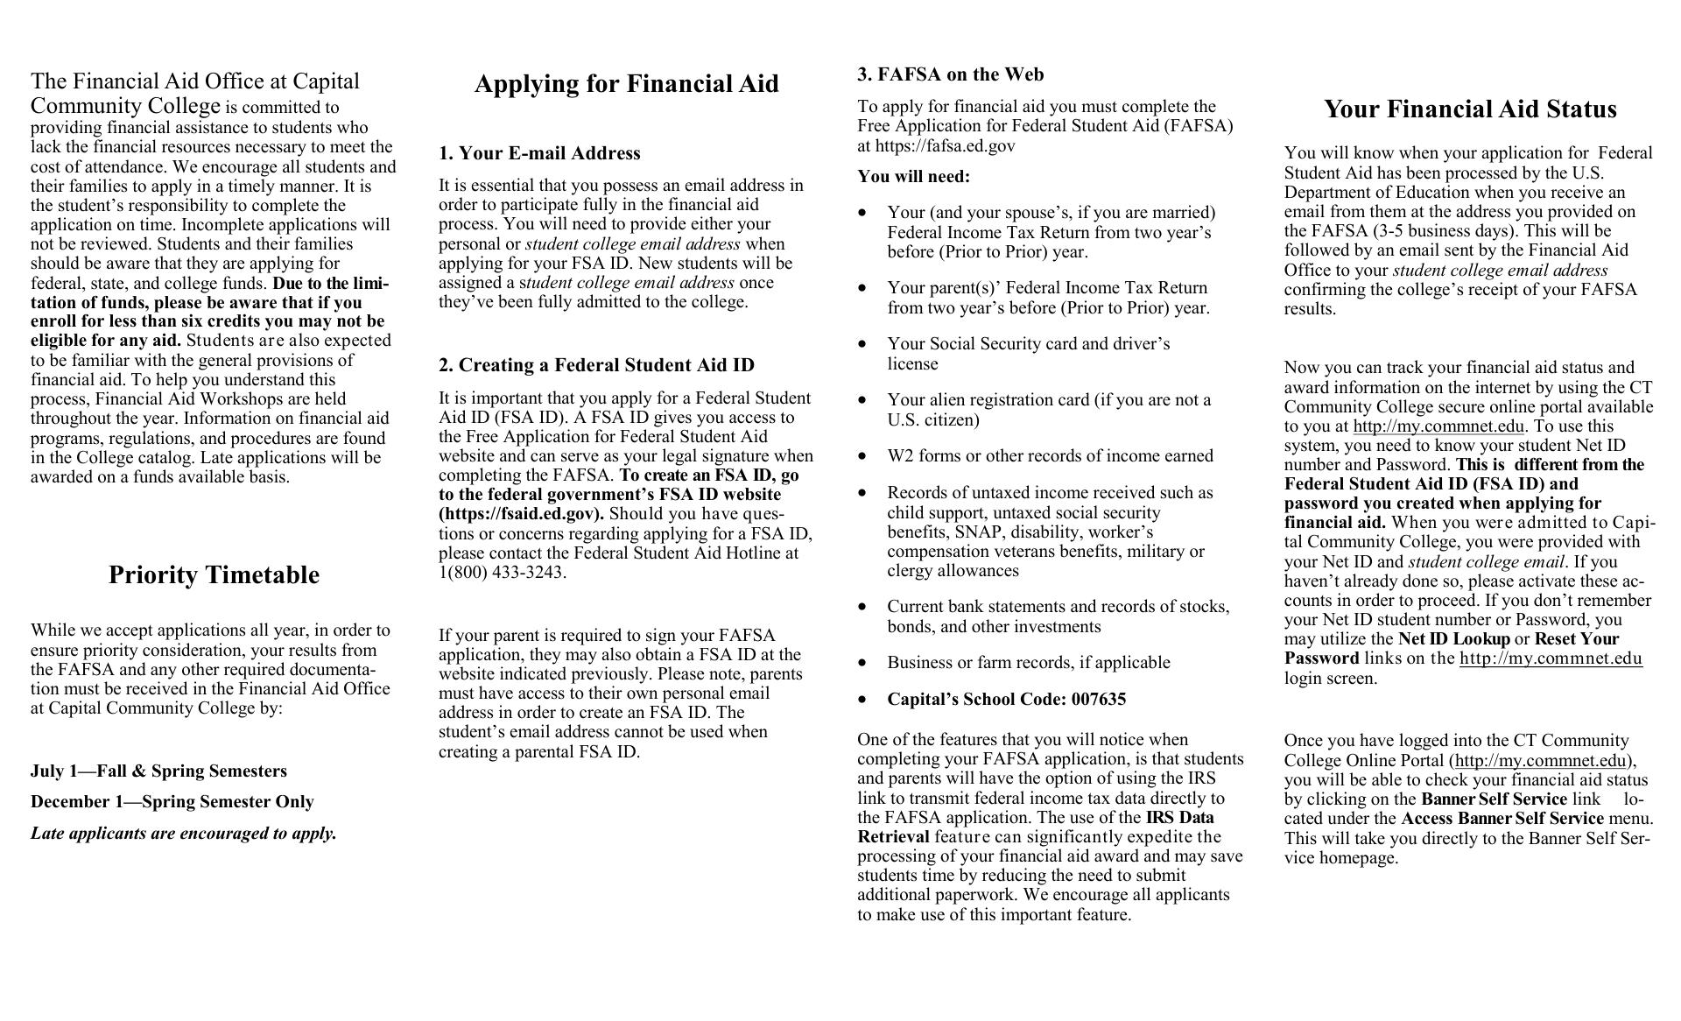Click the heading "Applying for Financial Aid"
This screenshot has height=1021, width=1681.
tap(626, 84)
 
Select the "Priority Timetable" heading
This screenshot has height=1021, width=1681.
tap(214, 575)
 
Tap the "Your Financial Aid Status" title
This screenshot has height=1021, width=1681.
tap(1470, 109)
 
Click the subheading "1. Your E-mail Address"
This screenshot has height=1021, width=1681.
tap(539, 153)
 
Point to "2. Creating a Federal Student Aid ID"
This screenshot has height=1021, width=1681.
tap(596, 365)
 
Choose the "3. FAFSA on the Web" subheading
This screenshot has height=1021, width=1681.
tap(950, 74)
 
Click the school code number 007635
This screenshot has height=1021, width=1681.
tap(1098, 699)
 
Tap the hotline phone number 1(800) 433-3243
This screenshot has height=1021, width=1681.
tap(503, 573)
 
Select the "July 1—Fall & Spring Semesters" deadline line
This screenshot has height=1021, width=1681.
tap(158, 771)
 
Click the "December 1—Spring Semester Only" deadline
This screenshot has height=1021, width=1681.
tap(172, 802)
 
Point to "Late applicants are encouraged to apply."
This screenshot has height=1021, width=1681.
tap(183, 834)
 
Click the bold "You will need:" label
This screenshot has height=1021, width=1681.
tap(913, 177)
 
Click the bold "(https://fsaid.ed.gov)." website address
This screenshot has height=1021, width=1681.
tap(521, 514)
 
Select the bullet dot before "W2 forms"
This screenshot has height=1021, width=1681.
tap(864, 456)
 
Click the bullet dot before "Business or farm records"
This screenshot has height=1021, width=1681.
tap(864, 663)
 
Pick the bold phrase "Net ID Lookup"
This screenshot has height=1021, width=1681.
tap(1453, 639)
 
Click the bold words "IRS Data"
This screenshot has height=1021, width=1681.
tap(1179, 818)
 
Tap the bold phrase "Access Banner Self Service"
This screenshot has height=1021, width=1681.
tap(1502, 819)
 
